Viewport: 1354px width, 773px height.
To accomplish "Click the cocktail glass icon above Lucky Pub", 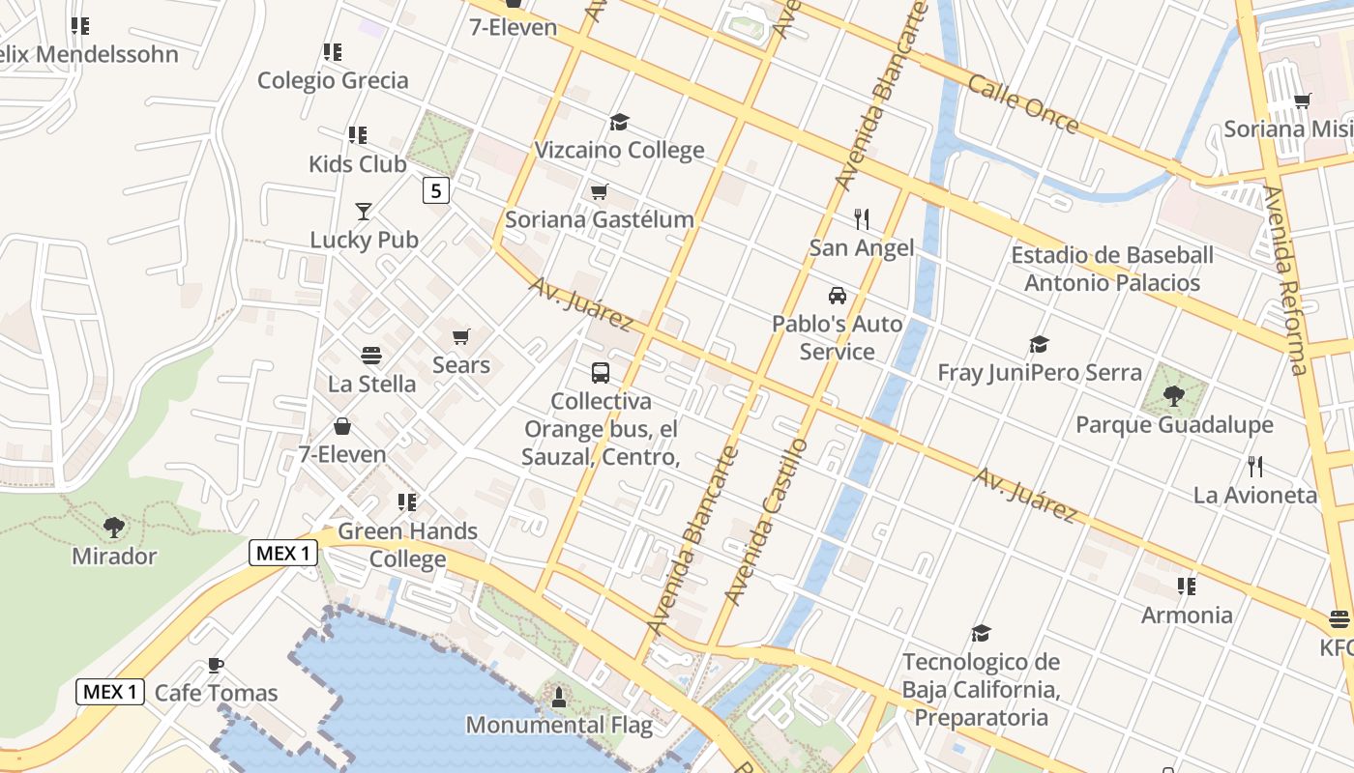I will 364,211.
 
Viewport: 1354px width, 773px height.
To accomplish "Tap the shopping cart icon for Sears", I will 461,336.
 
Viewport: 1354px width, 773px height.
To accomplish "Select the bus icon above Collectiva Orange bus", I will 601,372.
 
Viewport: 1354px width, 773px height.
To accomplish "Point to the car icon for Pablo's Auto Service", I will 838,296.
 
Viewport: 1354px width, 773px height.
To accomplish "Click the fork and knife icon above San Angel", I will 862,219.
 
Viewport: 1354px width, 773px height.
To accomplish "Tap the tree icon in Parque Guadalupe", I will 1174,395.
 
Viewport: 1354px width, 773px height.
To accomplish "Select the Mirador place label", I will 114,557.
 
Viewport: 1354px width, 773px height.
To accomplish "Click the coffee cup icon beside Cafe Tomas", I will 216,665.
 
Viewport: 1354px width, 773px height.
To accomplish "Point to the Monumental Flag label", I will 559,725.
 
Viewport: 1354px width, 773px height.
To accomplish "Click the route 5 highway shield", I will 436,191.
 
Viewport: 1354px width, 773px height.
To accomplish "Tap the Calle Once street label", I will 1023,103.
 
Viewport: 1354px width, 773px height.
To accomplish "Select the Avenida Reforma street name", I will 1285,280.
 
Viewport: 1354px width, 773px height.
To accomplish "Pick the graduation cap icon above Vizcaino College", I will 619,122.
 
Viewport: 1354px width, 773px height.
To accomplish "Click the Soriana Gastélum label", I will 600,219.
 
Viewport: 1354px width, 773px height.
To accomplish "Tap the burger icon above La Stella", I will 371,356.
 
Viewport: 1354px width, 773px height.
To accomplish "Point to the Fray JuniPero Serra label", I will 1040,372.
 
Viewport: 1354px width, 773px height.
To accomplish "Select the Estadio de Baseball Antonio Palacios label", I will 1112,269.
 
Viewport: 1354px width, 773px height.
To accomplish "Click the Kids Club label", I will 358,163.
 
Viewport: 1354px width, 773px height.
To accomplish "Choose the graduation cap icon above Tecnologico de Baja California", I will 981,634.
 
